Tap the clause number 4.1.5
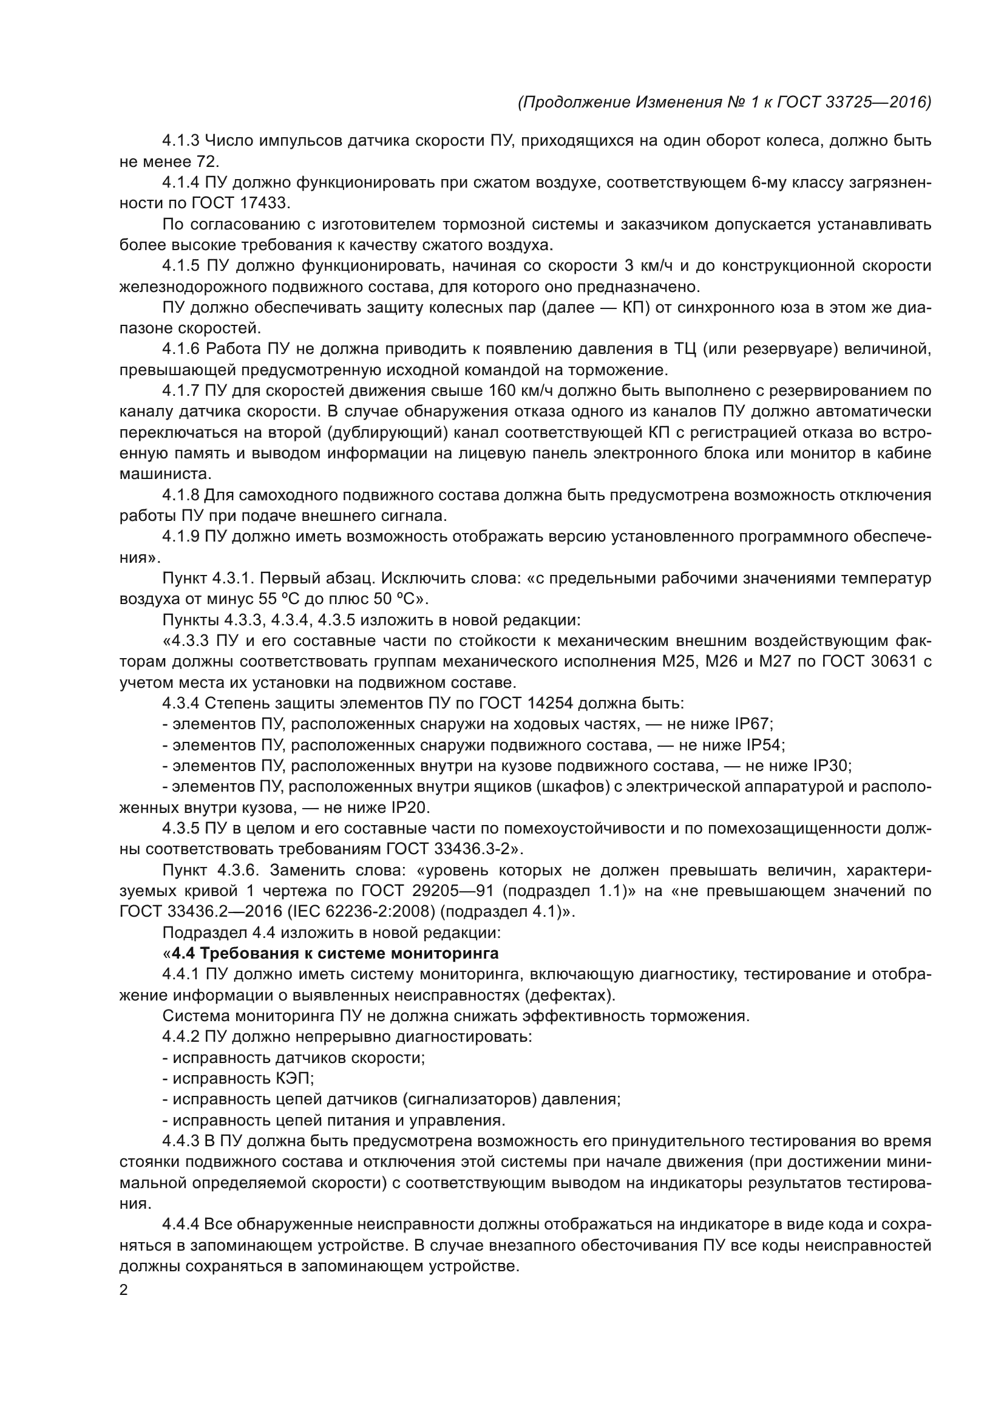180,266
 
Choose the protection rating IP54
765,746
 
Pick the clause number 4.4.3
180,1141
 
